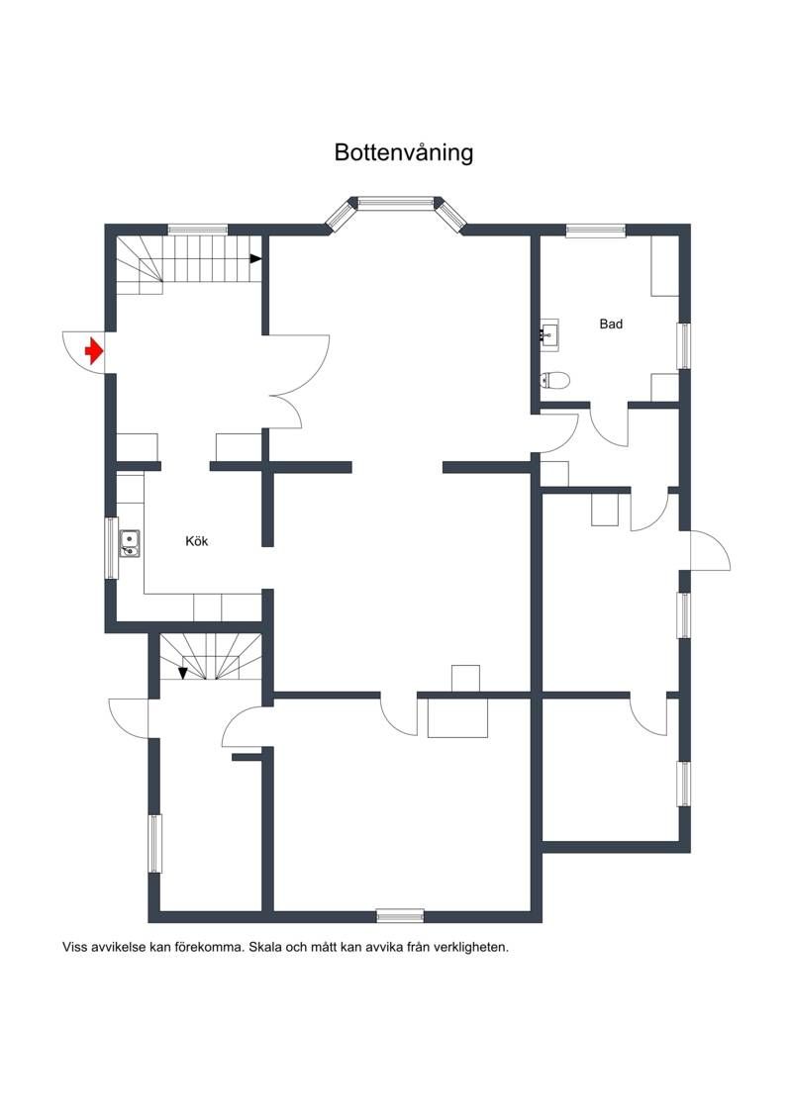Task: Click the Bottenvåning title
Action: [x=404, y=152]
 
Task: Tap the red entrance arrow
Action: [x=93, y=352]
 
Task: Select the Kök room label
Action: [x=196, y=541]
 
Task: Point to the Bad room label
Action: [x=611, y=324]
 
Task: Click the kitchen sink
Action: [x=130, y=543]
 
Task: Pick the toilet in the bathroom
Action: [x=555, y=380]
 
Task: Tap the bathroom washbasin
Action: [x=549, y=333]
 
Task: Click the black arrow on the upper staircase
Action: [x=255, y=258]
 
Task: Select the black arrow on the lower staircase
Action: [x=183, y=673]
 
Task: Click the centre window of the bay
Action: [x=396, y=203]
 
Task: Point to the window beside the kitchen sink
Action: [x=112, y=548]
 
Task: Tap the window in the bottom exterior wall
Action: [x=400, y=915]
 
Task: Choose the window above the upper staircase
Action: [x=198, y=230]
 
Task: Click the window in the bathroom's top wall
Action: [x=596, y=230]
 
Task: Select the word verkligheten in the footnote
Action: [x=470, y=948]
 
